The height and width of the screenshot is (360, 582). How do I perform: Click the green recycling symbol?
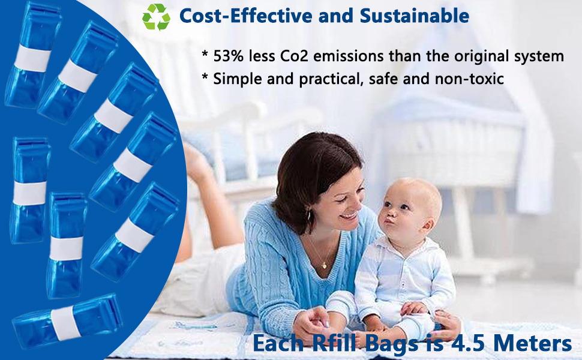click(x=156, y=16)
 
